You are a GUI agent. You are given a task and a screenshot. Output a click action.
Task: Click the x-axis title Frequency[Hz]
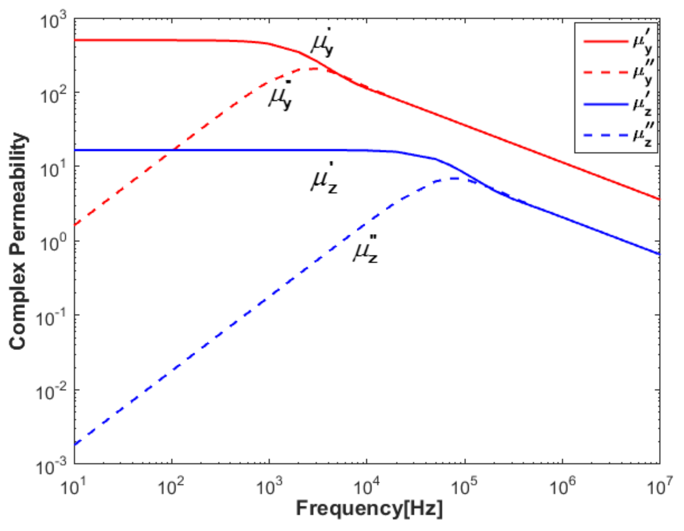(x=369, y=509)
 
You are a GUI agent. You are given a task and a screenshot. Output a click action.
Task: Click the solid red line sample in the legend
(x=606, y=50)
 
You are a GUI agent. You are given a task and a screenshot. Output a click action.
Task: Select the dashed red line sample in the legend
(x=606, y=73)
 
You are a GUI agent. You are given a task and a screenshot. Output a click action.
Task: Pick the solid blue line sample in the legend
(x=606, y=104)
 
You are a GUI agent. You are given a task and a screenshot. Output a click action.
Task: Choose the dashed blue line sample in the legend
(x=606, y=135)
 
